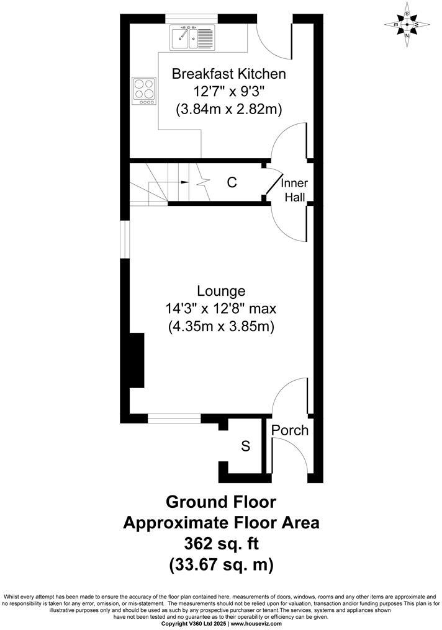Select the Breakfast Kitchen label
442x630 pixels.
228,74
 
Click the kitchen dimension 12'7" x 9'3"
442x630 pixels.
228,92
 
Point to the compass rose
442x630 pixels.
407,25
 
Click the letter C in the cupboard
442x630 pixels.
232,182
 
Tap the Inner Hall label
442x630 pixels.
294,190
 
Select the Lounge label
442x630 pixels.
221,291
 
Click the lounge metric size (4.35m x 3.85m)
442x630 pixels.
221,326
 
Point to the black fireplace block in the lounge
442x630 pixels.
137,360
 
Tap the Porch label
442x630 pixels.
290,430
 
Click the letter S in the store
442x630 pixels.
245,446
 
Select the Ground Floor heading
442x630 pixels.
221,501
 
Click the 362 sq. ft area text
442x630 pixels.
221,544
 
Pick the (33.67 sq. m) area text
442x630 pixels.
221,565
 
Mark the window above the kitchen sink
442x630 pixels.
190,17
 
